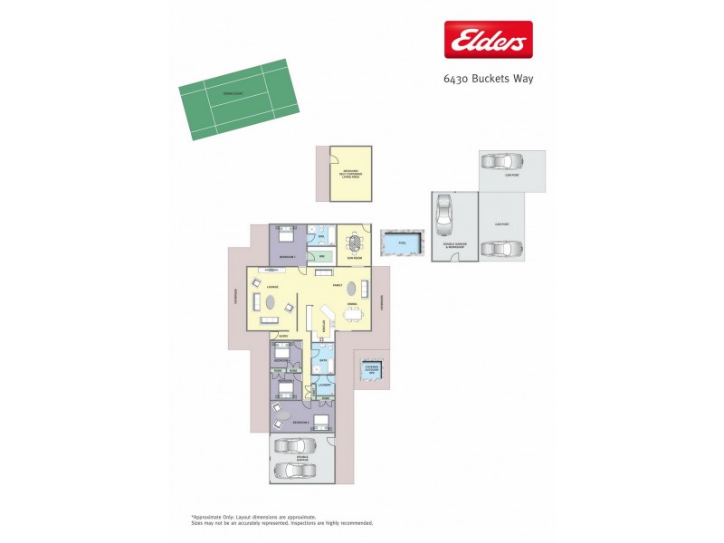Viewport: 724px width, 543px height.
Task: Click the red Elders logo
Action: click(486, 39)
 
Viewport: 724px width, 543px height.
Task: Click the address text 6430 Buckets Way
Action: click(489, 79)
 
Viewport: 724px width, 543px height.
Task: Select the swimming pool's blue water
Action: click(402, 243)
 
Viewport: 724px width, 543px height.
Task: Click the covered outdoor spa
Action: click(372, 369)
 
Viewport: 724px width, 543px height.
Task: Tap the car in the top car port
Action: click(498, 163)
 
